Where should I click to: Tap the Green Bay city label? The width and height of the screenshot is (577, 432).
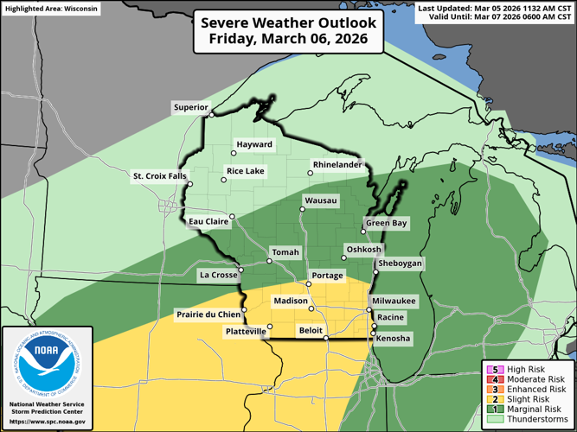coord(386,223)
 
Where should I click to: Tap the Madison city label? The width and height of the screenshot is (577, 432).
coord(290,301)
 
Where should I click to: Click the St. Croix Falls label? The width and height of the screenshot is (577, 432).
coord(158,176)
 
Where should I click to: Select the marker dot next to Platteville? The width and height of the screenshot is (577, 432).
coord(269,327)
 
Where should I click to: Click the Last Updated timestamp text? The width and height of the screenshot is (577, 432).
coord(495,8)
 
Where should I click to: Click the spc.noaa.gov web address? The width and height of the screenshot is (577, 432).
coord(47,422)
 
